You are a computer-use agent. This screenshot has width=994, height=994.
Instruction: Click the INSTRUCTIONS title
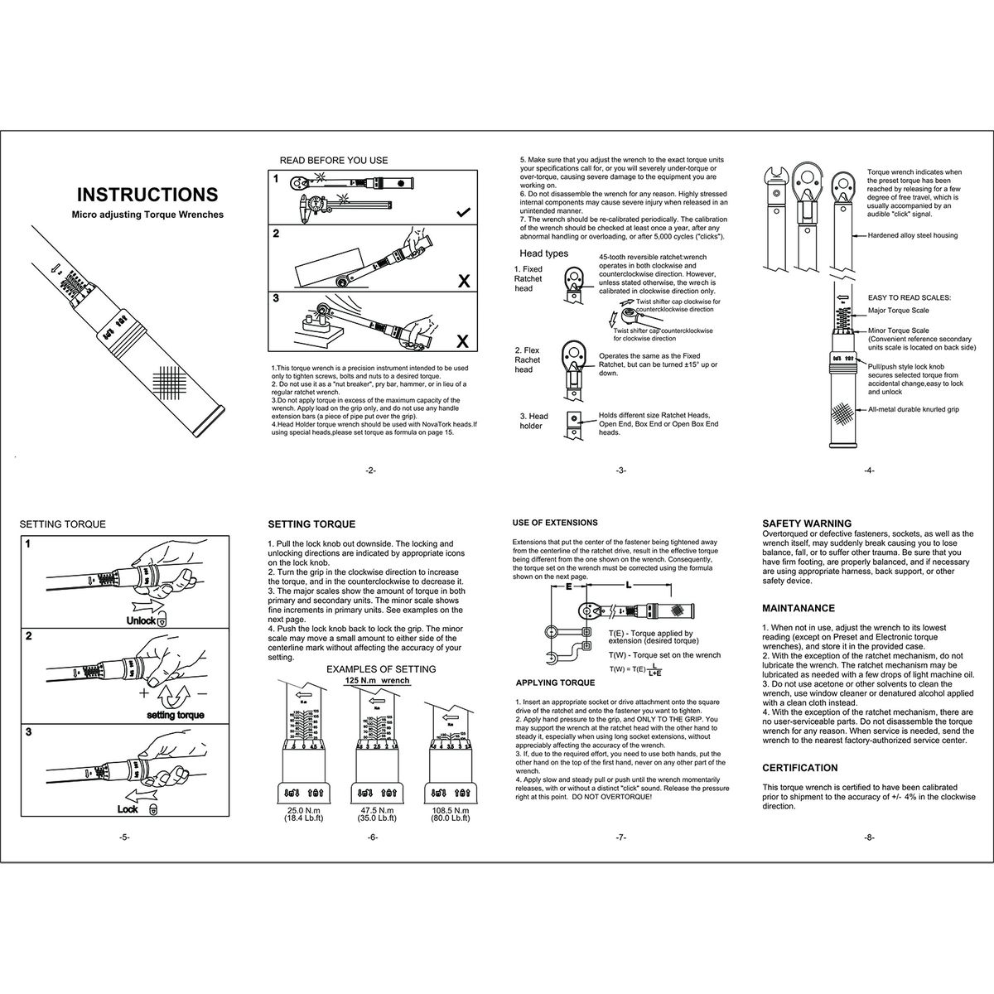[147, 195]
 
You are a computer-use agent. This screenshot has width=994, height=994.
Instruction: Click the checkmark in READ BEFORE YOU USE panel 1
[463, 213]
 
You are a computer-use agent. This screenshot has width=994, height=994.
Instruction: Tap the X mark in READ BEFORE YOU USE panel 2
[463, 282]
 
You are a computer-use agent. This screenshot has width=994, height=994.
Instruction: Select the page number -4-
[869, 470]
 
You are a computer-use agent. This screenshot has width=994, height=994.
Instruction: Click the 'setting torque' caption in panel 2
[175, 714]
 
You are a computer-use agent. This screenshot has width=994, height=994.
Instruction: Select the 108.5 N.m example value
[450, 809]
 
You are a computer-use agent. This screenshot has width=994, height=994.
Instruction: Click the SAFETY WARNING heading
[806, 524]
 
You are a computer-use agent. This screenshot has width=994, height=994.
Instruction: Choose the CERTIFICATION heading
[799, 768]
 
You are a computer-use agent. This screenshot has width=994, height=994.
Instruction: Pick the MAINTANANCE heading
[798, 608]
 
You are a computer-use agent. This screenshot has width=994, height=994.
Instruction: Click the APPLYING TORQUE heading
[555, 683]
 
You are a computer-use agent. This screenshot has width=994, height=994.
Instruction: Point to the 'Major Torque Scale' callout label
[898, 311]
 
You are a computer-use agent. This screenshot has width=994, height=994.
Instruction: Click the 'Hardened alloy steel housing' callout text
[913, 235]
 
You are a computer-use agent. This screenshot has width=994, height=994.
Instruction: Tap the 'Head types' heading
[543, 253]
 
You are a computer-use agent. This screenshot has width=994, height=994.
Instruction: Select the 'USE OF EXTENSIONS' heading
[555, 524]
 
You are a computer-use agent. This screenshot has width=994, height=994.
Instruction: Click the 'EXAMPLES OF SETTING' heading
[381, 668]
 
